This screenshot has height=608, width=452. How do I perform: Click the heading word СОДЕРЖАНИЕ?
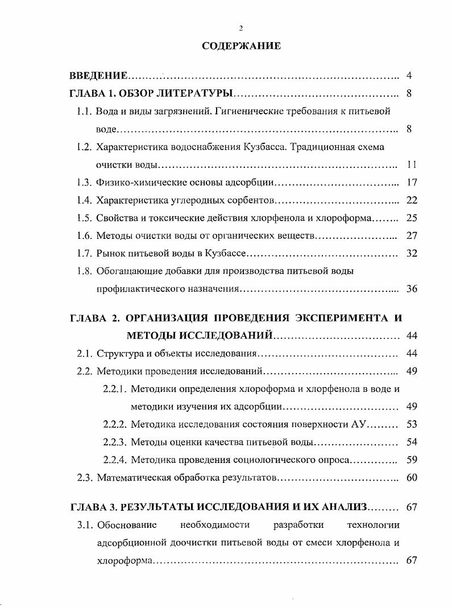click(x=241, y=47)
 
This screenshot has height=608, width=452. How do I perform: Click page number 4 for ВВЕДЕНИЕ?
click(x=409, y=76)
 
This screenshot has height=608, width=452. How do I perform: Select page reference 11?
click(x=412, y=165)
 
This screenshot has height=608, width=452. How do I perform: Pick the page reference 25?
click(x=412, y=218)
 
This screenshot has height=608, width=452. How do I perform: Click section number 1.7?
click(x=84, y=254)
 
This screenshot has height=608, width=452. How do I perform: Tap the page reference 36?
click(x=412, y=289)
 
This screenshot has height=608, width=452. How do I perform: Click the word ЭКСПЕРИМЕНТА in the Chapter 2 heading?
click(x=333, y=318)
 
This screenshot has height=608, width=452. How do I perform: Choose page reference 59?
click(x=412, y=460)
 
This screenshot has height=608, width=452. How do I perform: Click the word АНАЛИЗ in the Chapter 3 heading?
click(x=346, y=507)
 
